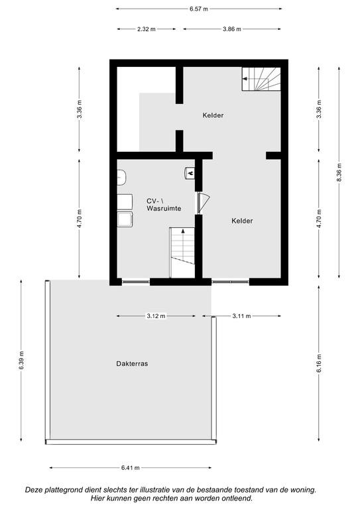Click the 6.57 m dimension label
coord(199,9)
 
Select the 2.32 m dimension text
coord(146,29)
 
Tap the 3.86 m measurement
coord(232,29)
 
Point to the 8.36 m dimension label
coord(339,172)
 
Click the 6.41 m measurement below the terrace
coord(131,468)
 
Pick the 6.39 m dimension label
coord(21,361)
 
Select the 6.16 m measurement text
coord(319,363)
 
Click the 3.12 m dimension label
coord(156,316)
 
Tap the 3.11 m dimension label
coord(241,316)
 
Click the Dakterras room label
coord(132,364)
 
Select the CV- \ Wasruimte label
coord(164,205)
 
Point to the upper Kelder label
coord(213,115)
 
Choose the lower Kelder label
coord(242,221)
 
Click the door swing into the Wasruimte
coord(204,203)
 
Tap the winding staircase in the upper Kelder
coord(261,79)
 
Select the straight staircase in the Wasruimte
coord(182,253)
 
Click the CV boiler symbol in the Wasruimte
coord(189,173)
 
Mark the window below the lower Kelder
coord(230,282)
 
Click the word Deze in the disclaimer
coord(34,490)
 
